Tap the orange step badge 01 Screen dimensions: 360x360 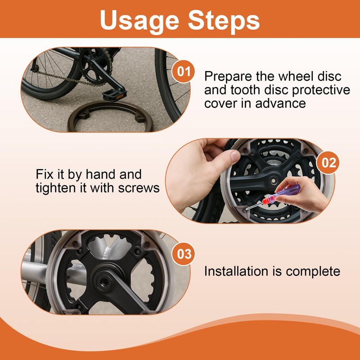184,71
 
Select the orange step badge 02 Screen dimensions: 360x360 328,162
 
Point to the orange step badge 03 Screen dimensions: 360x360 184,254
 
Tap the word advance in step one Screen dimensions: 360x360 280,103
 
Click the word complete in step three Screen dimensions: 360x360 313,272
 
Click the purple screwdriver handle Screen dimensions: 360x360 288,190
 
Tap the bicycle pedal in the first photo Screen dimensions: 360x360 115,94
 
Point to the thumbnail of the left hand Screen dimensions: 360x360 235,156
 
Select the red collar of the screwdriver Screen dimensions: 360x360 268,199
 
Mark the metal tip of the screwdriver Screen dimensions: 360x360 254,205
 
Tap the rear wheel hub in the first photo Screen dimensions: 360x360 35,68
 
